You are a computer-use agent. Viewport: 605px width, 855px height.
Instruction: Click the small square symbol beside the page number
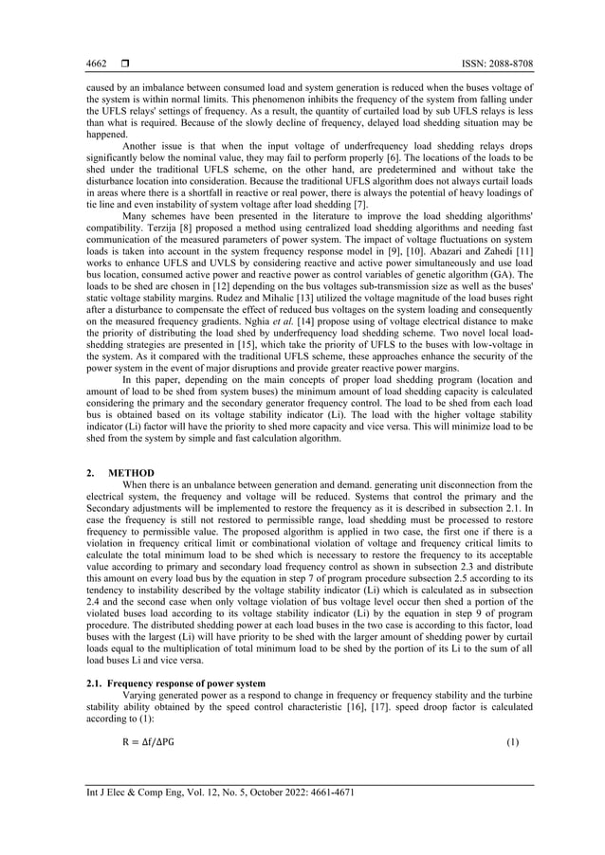tap(124, 64)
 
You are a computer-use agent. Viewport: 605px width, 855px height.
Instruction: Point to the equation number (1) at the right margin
tap(513, 741)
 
